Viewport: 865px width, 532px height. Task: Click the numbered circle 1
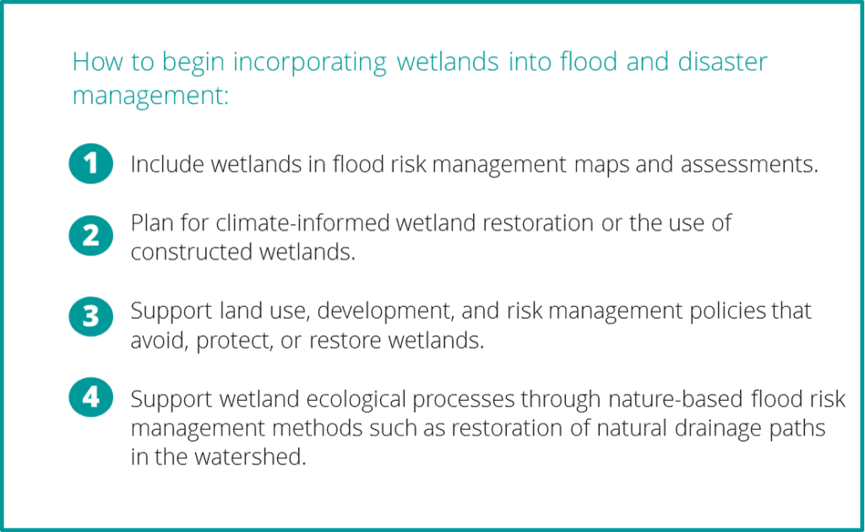pyautogui.click(x=91, y=163)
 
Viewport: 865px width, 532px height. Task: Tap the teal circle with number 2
pyautogui.click(x=91, y=235)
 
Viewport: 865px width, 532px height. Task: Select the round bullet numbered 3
pyautogui.click(x=91, y=316)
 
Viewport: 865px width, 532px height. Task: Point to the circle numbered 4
pyautogui.click(x=91, y=398)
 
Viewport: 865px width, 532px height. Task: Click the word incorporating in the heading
pyautogui.click(x=309, y=63)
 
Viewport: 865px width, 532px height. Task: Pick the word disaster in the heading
pyautogui.click(x=722, y=61)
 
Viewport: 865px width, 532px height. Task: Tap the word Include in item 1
pyautogui.click(x=167, y=164)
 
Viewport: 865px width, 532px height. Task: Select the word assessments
pyautogui.click(x=749, y=165)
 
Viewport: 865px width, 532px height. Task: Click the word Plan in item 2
pyautogui.click(x=152, y=222)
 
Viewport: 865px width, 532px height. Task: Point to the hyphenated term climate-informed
pyautogui.click(x=302, y=222)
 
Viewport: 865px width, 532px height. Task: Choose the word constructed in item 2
pyautogui.click(x=192, y=252)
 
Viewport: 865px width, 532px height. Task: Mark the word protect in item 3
pyautogui.click(x=235, y=341)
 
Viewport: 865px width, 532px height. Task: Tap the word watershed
pyautogui.click(x=250, y=457)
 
